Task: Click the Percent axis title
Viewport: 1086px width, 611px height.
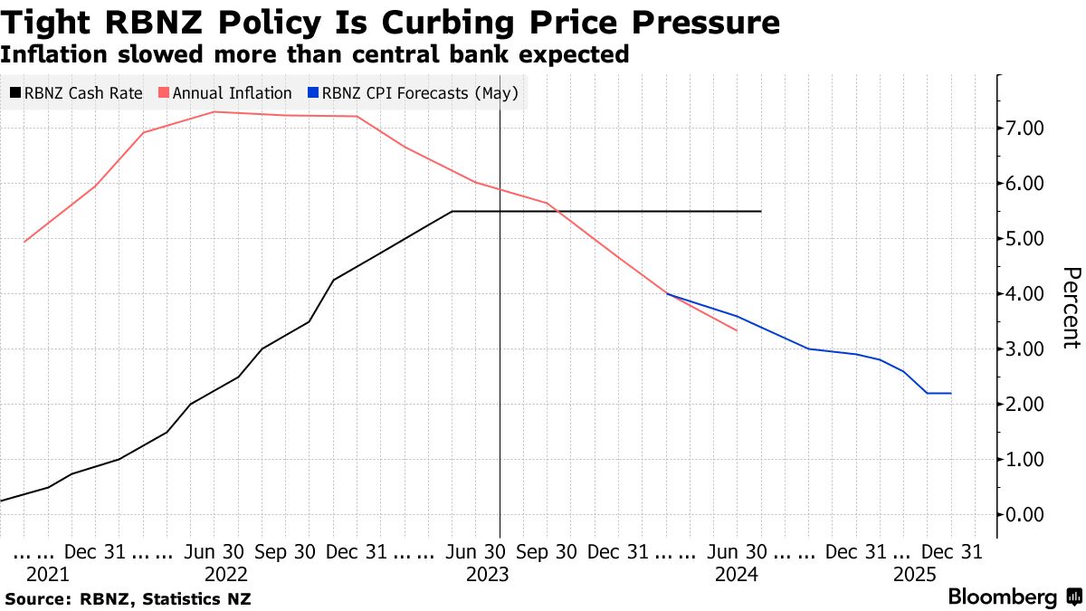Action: coord(1071,308)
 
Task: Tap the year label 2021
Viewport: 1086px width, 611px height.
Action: coord(47,574)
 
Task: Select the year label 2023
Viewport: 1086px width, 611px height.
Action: coord(486,574)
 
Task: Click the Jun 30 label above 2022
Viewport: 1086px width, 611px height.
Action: coord(214,551)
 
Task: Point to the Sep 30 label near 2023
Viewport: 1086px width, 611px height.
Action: coord(546,551)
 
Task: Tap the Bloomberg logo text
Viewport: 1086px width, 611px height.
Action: coord(1003,597)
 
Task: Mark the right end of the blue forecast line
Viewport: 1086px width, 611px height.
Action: coord(950,393)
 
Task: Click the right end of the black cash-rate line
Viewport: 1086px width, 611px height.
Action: coord(761,211)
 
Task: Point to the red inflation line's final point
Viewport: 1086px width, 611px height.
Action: coord(737,330)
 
